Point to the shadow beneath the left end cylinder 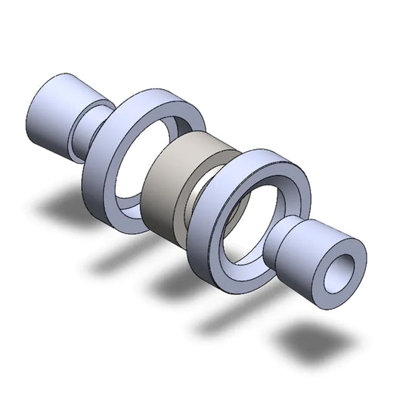click(60, 204)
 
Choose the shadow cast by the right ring click(227, 321)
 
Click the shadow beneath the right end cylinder click(306, 344)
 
